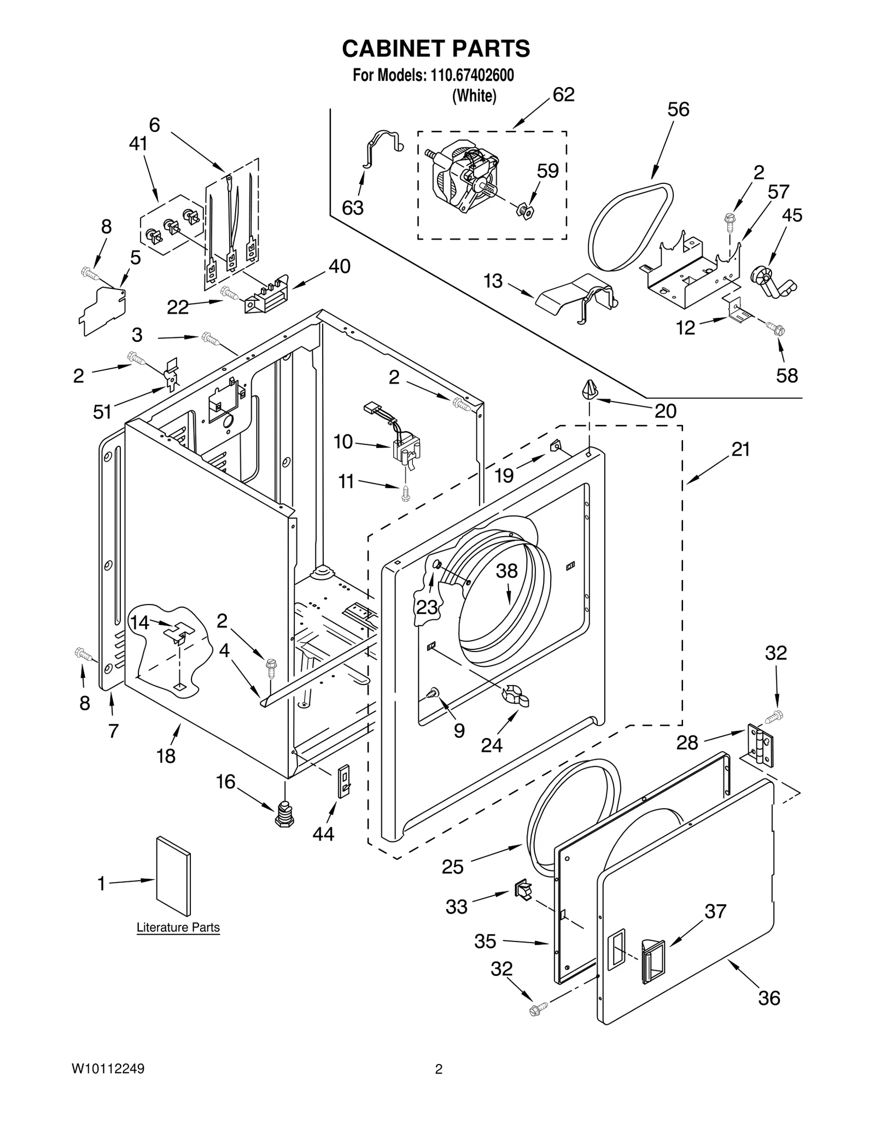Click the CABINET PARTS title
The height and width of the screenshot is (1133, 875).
(x=436, y=49)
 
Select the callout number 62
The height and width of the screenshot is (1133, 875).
(x=563, y=95)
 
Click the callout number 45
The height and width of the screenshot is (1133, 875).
(x=791, y=215)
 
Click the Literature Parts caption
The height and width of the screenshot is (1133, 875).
(x=178, y=927)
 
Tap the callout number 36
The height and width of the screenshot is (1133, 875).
(x=769, y=998)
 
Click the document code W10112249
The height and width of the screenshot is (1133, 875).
(x=108, y=1069)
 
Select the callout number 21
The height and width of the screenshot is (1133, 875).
(x=740, y=449)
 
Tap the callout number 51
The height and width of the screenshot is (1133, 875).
(x=102, y=411)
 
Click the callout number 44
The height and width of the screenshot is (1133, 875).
(x=323, y=834)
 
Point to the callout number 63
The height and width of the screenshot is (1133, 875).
(x=352, y=208)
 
